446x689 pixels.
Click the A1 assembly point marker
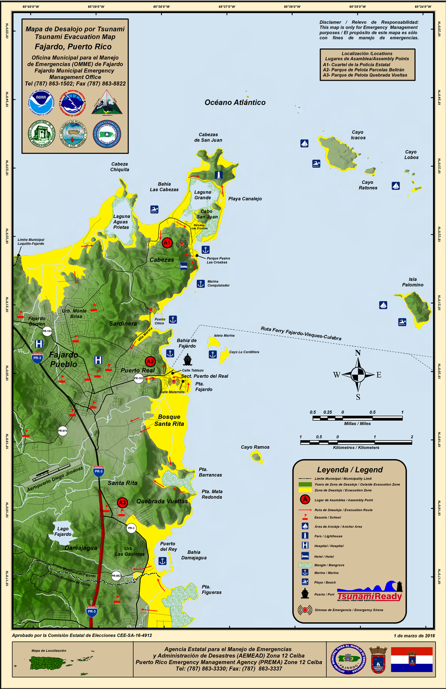tap(167, 243)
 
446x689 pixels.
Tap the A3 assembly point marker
tap(122, 503)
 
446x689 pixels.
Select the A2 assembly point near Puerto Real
tap(150, 361)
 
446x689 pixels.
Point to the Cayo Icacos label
tap(358, 135)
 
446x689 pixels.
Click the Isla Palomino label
tap(412, 282)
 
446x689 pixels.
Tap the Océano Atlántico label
tap(235, 103)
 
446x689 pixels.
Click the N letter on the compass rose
tap(358, 353)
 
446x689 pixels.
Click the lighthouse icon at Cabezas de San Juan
tap(219, 175)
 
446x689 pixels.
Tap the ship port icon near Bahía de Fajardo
tap(188, 360)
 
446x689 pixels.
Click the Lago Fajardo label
tap(63, 531)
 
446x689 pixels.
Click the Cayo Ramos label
tap(255, 447)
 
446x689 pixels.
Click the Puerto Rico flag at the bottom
tap(411, 659)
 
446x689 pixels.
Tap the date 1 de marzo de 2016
tap(414, 636)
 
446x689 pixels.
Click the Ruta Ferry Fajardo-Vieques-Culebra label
tap(301, 334)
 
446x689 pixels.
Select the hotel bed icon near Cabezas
tap(184, 266)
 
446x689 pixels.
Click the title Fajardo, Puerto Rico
tap(73, 47)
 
